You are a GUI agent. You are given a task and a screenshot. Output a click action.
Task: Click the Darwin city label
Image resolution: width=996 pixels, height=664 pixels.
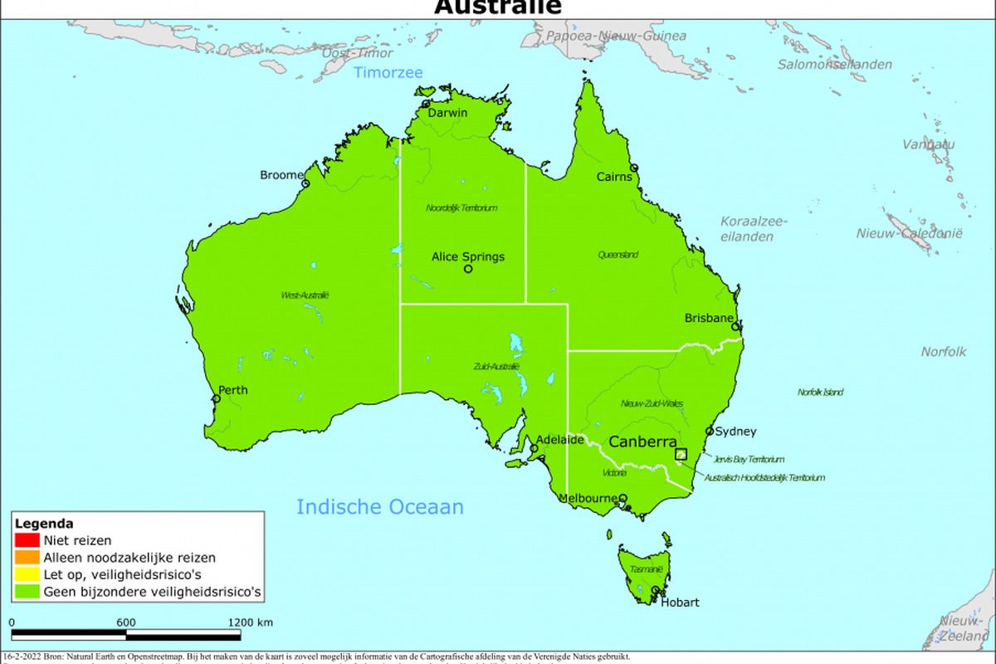tap(447, 113)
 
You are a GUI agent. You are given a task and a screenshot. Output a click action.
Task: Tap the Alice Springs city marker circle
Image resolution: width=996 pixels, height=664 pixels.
tap(468, 269)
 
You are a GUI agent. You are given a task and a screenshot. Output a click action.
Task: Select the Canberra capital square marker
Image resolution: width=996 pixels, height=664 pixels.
tap(681, 454)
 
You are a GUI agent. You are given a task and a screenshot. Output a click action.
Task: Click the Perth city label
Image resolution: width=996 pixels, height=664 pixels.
tap(232, 389)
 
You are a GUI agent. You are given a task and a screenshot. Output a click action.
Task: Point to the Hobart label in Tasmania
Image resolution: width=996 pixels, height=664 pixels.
tap(680, 603)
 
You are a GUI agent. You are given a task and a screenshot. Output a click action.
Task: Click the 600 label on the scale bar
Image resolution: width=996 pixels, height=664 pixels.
tap(126, 622)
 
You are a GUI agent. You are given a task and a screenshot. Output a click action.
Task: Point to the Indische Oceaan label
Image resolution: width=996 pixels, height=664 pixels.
tap(380, 507)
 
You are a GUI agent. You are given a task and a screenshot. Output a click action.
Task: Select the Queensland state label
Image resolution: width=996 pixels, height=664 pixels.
tap(618, 255)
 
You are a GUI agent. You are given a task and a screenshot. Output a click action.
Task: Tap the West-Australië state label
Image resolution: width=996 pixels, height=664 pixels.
tap(305, 295)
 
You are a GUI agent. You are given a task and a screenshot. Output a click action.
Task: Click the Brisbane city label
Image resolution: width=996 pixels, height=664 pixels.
tap(709, 318)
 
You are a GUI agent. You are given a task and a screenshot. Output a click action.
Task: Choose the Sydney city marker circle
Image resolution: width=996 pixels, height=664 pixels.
tap(710, 432)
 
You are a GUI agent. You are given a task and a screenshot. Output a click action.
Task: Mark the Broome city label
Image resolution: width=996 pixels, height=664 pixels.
tap(281, 175)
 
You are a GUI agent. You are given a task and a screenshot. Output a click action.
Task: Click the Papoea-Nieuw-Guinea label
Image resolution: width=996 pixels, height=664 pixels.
tap(615, 36)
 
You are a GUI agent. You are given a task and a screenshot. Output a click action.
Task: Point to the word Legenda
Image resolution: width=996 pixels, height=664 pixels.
tap(44, 524)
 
